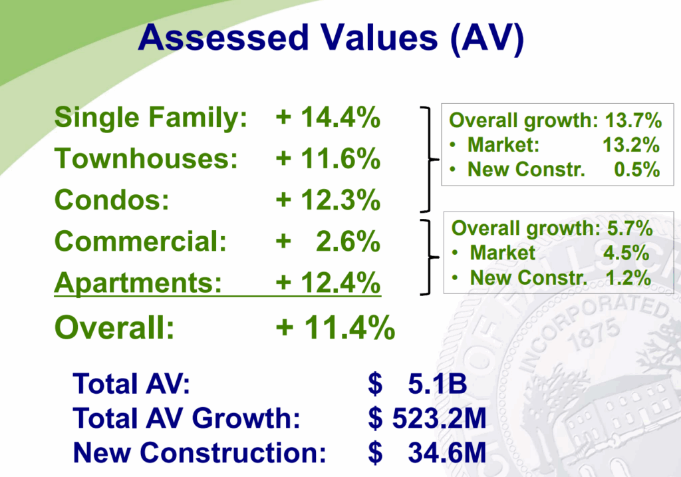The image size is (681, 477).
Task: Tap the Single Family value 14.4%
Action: tap(340, 117)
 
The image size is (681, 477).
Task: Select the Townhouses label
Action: tap(146, 158)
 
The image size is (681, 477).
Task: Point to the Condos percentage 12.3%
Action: tap(340, 200)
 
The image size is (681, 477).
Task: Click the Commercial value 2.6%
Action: tap(348, 241)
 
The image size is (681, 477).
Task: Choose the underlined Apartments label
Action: tap(138, 283)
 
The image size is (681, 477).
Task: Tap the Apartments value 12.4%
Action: tap(340, 282)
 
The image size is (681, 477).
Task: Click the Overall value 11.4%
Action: tap(350, 327)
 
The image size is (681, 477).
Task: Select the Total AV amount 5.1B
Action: tap(438, 384)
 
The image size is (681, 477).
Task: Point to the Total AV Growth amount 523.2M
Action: tap(439, 418)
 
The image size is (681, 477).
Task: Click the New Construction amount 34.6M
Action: tap(447, 452)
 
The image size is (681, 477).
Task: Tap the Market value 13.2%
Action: tap(631, 145)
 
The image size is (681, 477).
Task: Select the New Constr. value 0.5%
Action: tap(636, 170)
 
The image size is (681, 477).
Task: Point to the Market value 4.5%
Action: tap(626, 253)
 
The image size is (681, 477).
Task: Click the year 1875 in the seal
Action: tap(595, 335)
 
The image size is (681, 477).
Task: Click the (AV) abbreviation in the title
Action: tap(487, 39)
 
